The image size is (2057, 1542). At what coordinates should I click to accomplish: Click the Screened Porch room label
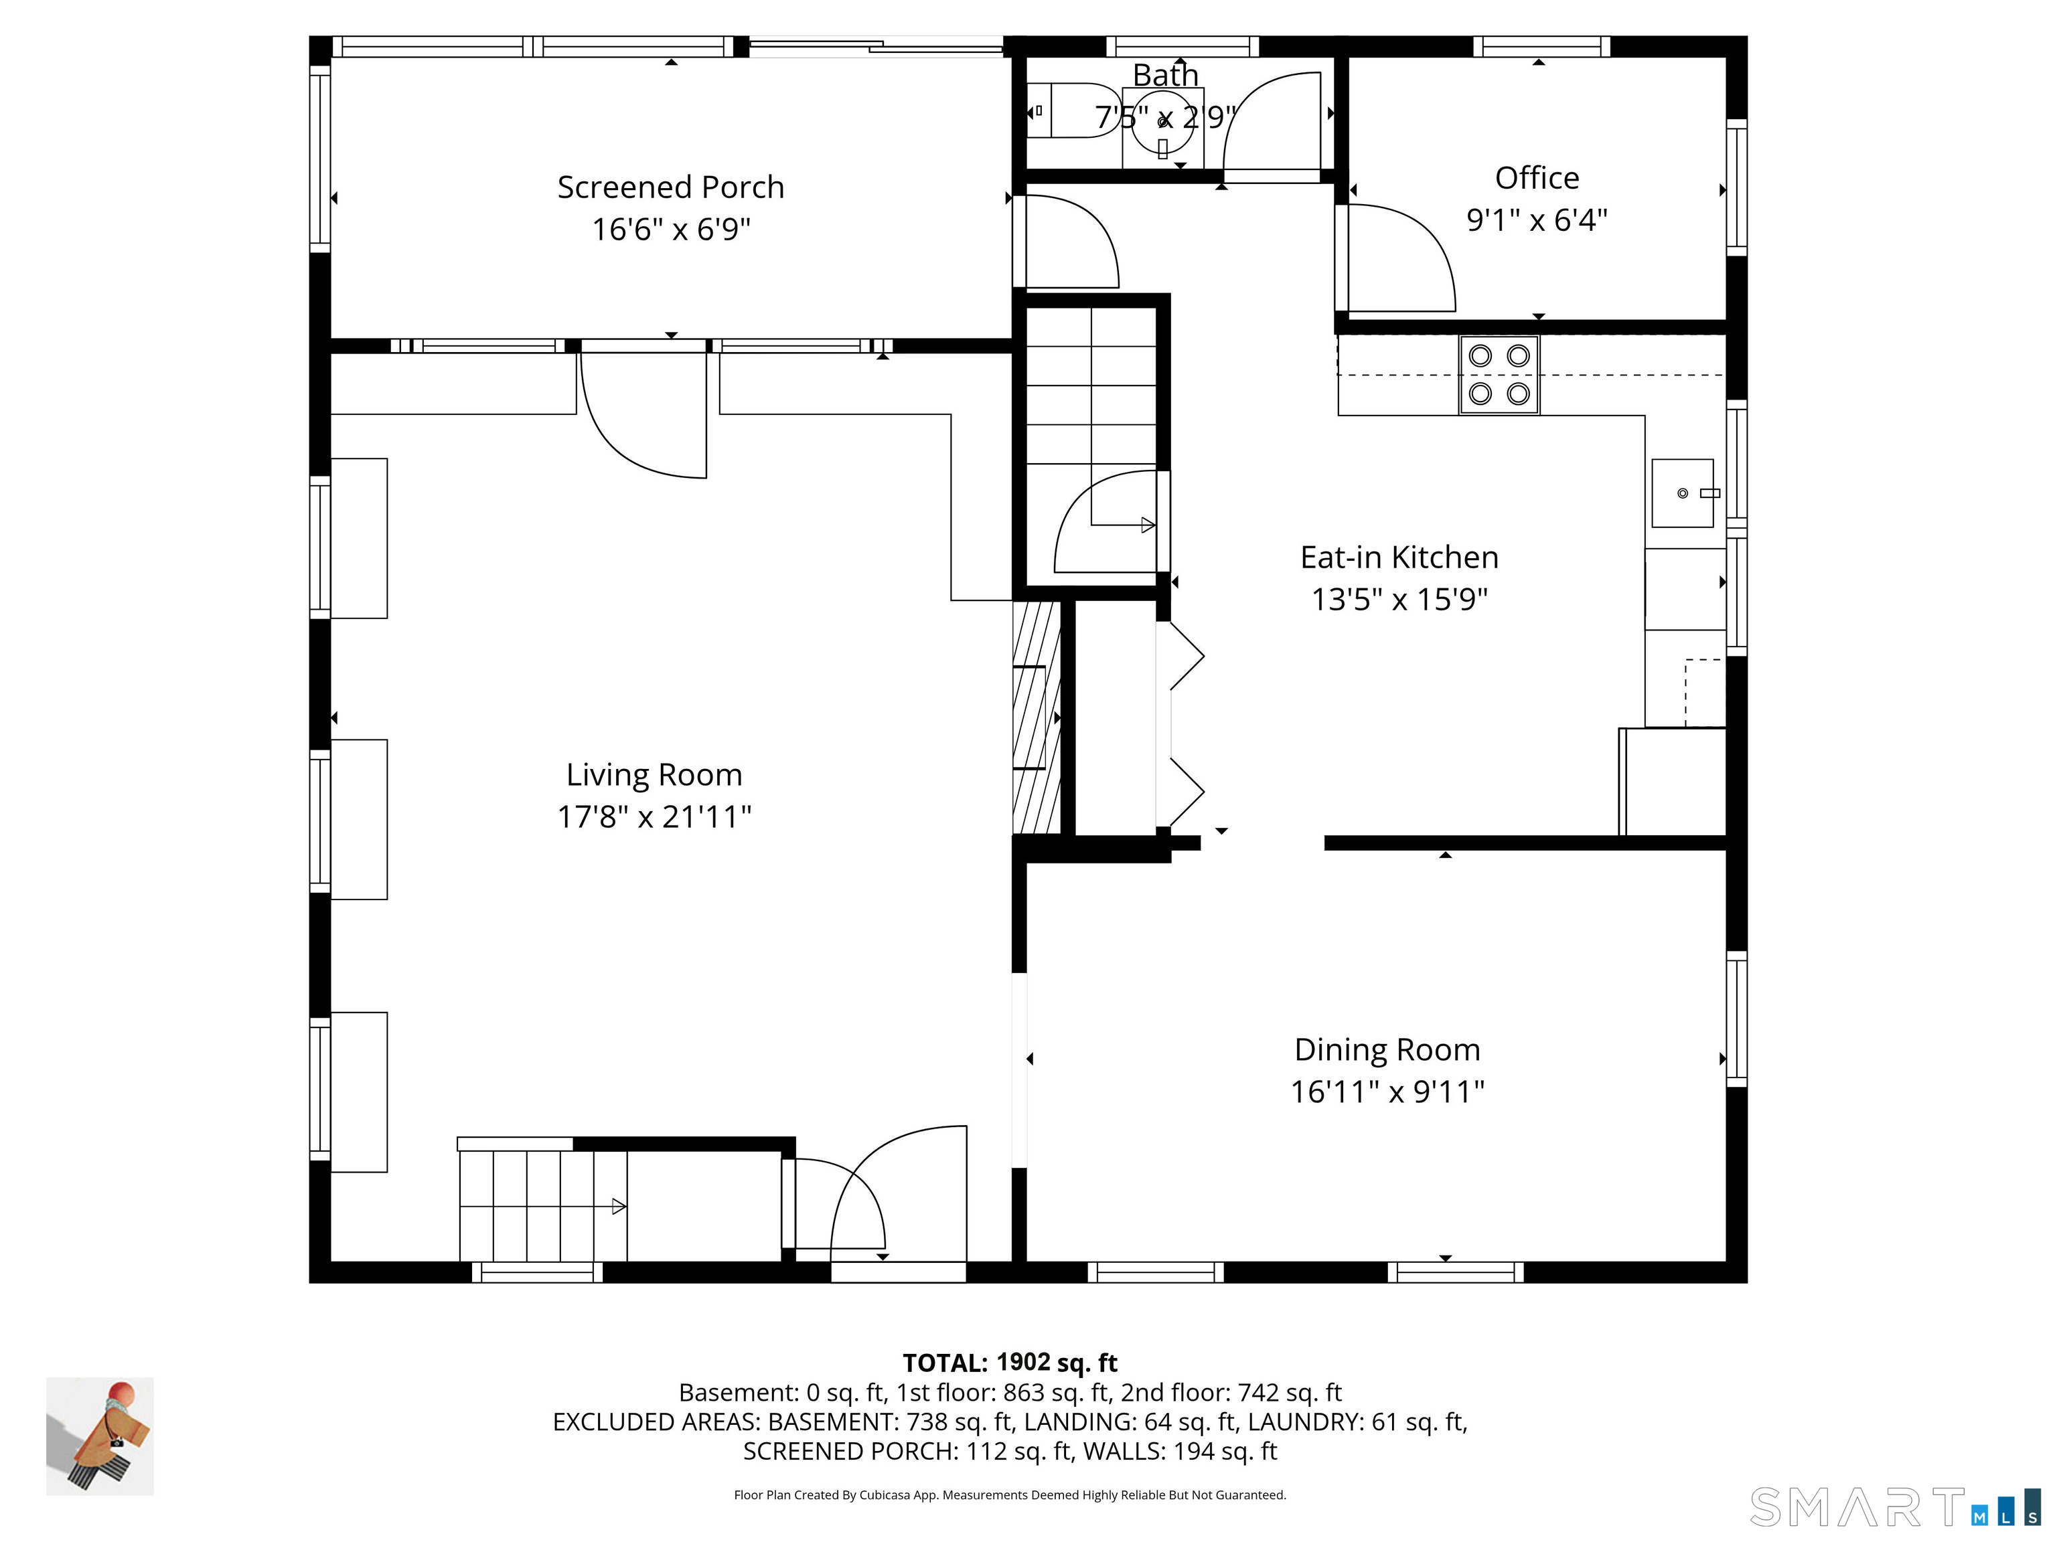point(670,187)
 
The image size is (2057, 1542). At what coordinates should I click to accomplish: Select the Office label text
point(1537,177)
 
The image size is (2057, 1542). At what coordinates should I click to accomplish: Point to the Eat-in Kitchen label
point(1399,557)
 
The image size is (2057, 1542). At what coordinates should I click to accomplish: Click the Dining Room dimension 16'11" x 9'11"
point(1387,1090)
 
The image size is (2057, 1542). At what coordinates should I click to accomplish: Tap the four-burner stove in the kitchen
point(1499,375)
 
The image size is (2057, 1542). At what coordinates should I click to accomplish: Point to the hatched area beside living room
point(1036,717)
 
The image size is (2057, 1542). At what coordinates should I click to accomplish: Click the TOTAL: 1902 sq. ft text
point(1010,1363)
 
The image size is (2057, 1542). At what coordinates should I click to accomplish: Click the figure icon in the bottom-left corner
point(100,1437)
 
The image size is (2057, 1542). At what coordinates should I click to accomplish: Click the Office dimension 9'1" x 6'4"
point(1537,220)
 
